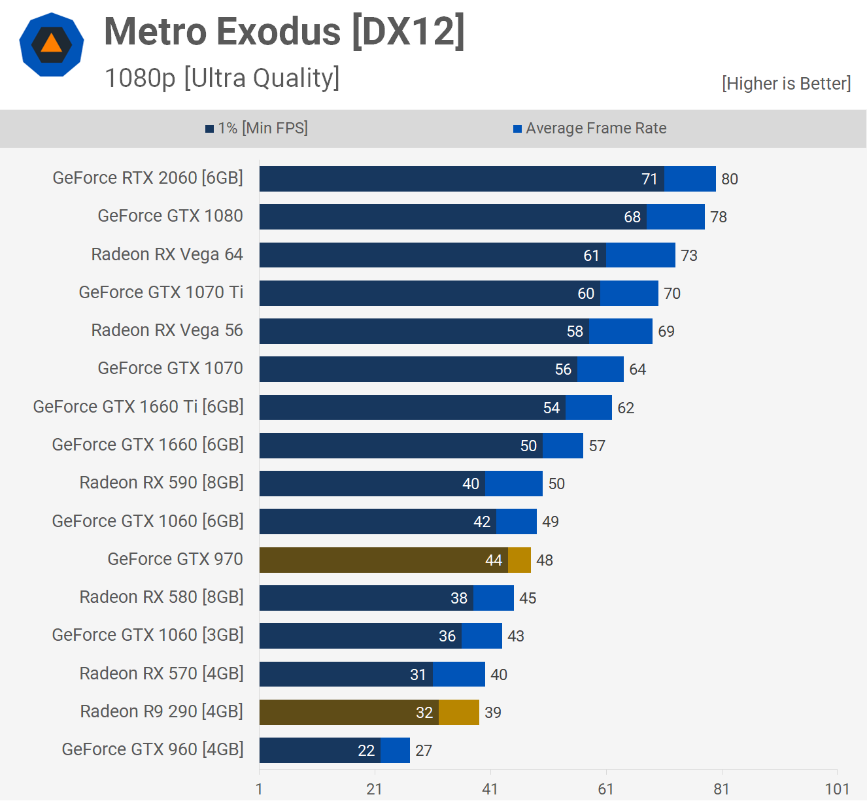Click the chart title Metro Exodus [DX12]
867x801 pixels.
coord(284,31)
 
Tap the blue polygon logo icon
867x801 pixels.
coord(52,44)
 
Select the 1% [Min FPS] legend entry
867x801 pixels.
coord(256,128)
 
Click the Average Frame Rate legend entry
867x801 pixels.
coord(590,128)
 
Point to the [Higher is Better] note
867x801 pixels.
coord(786,84)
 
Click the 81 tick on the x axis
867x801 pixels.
coord(721,789)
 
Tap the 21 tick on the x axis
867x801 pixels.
coord(375,789)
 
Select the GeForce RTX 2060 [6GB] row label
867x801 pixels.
coord(148,178)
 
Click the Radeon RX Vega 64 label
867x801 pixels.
coord(167,254)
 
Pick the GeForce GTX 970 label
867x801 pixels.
coord(175,559)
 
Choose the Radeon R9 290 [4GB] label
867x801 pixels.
coord(161,711)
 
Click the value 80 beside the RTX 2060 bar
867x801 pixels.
coord(730,179)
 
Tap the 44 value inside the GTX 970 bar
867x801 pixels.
coord(494,560)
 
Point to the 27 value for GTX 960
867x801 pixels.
coord(424,751)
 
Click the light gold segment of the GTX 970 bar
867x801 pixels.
coord(519,560)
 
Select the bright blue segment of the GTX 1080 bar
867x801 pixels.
coord(675,217)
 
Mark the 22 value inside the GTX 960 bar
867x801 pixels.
coord(366,751)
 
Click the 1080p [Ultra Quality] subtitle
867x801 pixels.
coord(222,78)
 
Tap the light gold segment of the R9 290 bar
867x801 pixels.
coord(459,713)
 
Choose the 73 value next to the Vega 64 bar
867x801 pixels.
coord(689,256)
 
